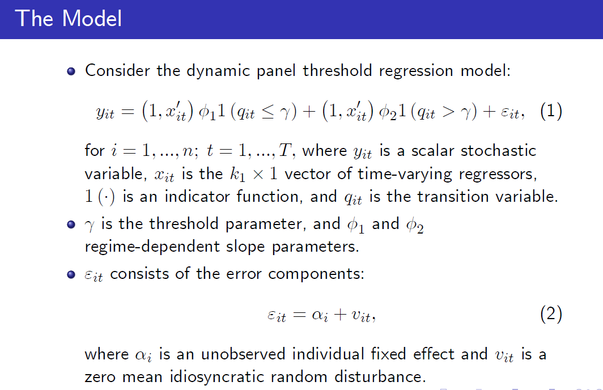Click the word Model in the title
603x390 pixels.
point(92,19)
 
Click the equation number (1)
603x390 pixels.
point(551,112)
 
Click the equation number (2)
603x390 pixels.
point(551,314)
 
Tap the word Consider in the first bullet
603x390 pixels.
point(117,71)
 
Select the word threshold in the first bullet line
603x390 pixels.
point(337,71)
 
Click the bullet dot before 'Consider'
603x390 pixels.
point(71,71)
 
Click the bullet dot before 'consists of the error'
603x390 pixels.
point(71,274)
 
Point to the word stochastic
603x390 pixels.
point(498,150)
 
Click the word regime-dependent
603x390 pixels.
point(152,247)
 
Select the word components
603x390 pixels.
point(316,274)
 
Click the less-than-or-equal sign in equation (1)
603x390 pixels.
point(267,112)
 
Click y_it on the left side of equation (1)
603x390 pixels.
point(105,113)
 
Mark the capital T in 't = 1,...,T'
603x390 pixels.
point(284,150)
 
